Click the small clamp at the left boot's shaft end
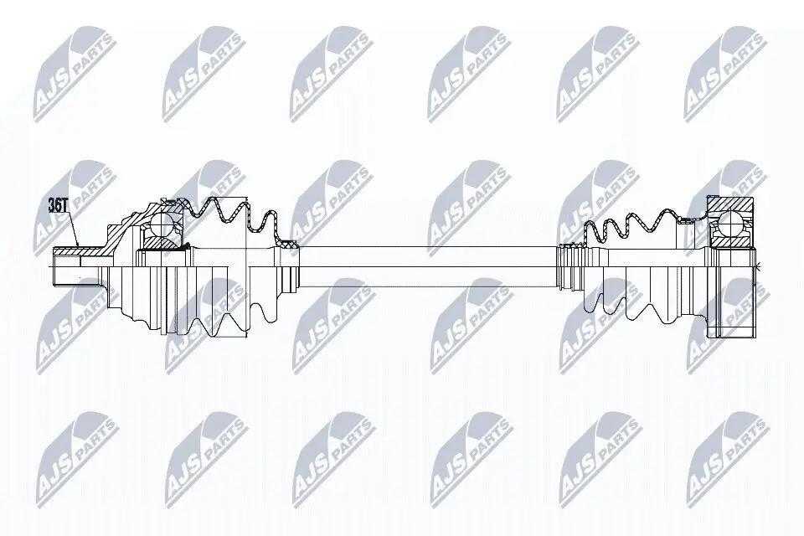[x=289, y=245]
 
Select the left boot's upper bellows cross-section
[x=226, y=209]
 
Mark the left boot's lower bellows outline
[x=226, y=318]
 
